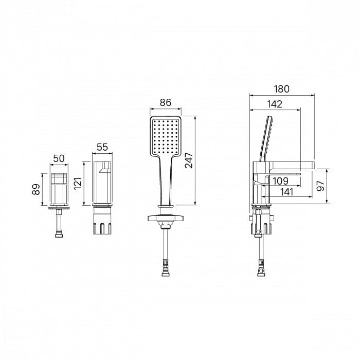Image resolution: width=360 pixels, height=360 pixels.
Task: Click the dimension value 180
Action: click(x=282, y=89)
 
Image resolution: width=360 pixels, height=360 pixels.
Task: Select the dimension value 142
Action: click(x=275, y=104)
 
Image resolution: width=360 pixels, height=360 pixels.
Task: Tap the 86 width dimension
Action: click(x=166, y=102)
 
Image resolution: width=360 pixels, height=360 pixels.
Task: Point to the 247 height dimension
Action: click(x=189, y=160)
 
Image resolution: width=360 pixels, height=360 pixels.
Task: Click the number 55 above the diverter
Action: click(x=102, y=147)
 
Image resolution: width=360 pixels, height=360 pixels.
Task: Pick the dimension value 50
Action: click(x=59, y=158)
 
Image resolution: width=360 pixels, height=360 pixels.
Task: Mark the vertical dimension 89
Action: click(x=36, y=189)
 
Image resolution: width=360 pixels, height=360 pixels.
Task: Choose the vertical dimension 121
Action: click(x=78, y=183)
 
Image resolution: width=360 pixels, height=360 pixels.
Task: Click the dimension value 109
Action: click(x=281, y=181)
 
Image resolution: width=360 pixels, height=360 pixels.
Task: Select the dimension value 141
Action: click(x=287, y=192)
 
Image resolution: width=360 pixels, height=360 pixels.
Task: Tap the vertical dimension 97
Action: click(x=320, y=186)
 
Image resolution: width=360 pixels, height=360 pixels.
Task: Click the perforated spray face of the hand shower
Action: click(x=166, y=136)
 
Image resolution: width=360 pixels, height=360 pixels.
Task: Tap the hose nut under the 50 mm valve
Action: click(x=59, y=235)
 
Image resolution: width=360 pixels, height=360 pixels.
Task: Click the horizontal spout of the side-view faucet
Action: click(x=292, y=165)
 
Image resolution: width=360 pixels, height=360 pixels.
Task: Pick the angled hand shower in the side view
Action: click(x=266, y=139)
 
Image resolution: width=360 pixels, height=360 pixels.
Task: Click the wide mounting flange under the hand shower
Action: click(x=166, y=218)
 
